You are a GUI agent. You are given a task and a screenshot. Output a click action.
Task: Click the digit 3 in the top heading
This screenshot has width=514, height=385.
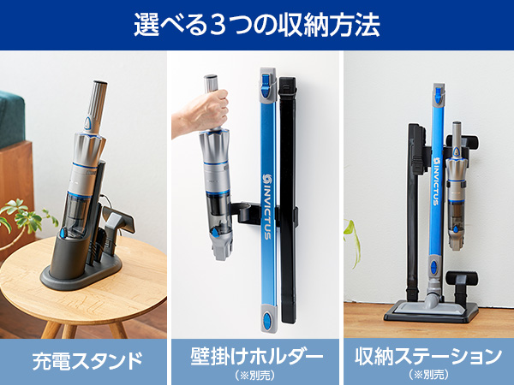click(x=222, y=23)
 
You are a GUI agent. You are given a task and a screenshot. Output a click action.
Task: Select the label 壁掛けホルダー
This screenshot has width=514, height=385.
click(x=256, y=353)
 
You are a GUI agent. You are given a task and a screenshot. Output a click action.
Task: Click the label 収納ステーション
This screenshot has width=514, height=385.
click(x=427, y=353)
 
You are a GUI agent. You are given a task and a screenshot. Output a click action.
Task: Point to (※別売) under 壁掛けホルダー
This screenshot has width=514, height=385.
click(x=256, y=374)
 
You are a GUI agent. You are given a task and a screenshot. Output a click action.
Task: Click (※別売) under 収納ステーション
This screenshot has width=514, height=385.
click(x=427, y=374)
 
